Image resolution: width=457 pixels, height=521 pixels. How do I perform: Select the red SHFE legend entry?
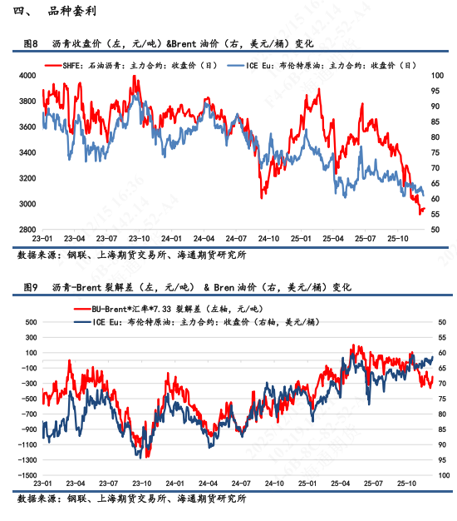pyautogui.click(x=133, y=64)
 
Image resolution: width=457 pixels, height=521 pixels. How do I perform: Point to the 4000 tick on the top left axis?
pyautogui.click(x=27, y=76)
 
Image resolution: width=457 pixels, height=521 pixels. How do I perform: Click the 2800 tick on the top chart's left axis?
pyautogui.click(x=27, y=231)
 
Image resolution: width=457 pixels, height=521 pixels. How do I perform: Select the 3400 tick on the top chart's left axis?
pyautogui.click(x=27, y=153)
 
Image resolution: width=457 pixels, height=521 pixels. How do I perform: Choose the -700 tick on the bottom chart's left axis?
pyautogui.click(x=28, y=413)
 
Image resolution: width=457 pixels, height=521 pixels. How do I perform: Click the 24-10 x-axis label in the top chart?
pyautogui.click(x=269, y=238)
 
